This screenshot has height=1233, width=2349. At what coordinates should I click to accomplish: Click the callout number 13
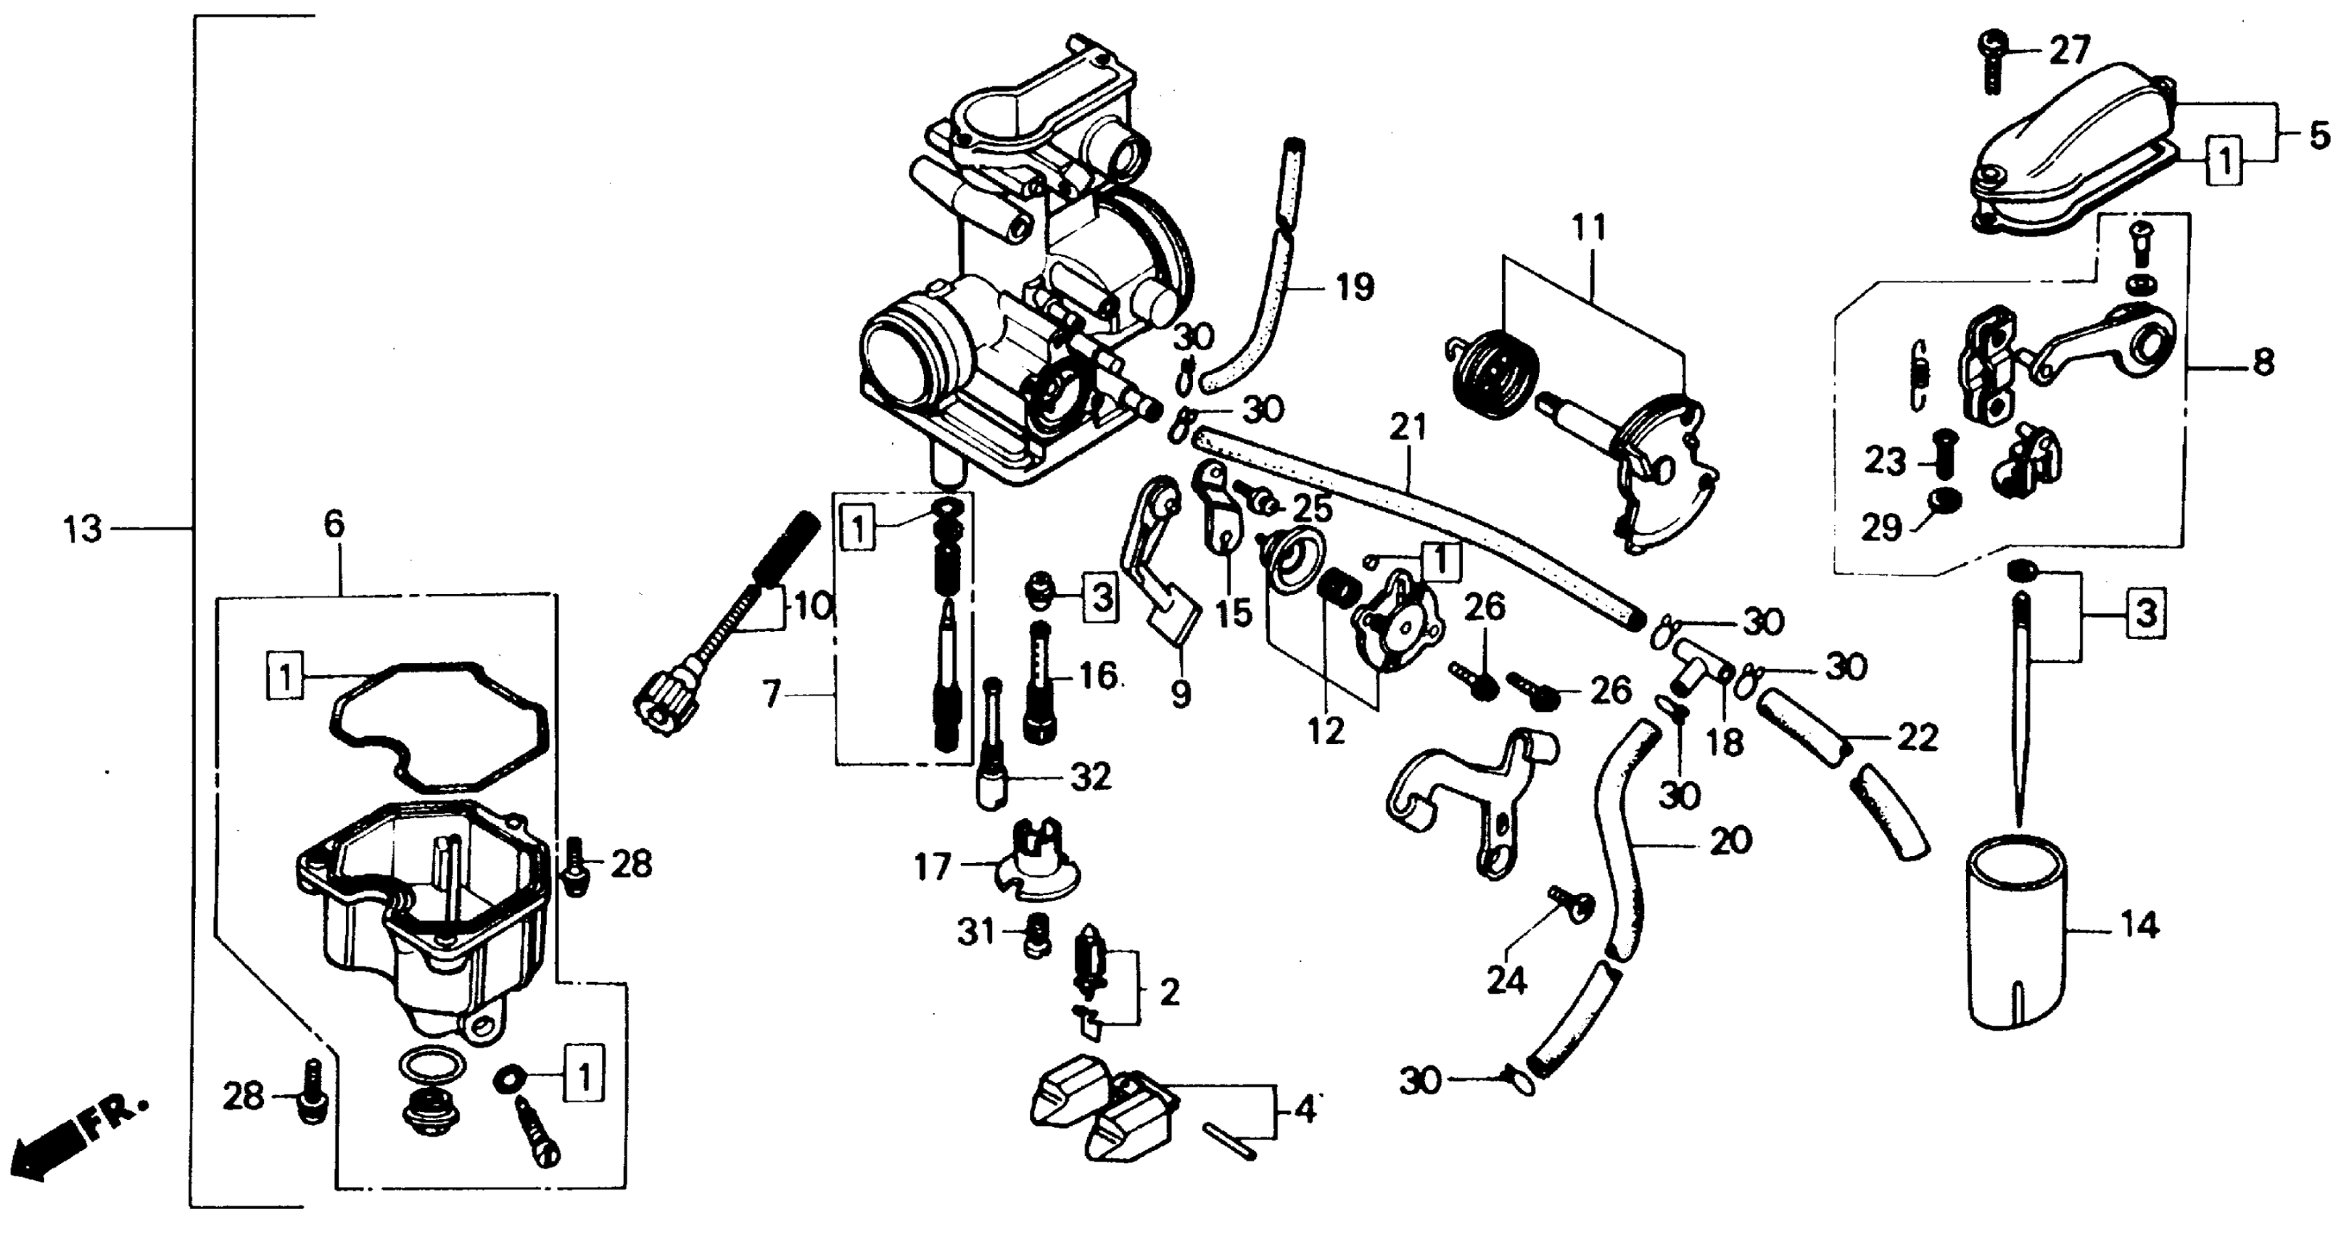point(83,529)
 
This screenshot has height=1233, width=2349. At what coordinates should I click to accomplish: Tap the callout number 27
point(2069,50)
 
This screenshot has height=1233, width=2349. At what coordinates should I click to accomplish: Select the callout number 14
point(2139,927)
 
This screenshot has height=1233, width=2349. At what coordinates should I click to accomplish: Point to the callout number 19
point(1354,287)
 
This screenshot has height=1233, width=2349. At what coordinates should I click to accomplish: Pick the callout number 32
point(1091,777)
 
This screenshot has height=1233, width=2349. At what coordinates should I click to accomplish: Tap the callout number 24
point(1506,981)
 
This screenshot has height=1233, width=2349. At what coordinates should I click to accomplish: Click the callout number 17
point(932,867)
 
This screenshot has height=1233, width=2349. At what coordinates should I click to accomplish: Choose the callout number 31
point(975,932)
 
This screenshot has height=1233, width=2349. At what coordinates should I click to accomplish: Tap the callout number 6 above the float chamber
point(334,524)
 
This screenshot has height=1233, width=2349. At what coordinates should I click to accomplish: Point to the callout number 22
point(1917,737)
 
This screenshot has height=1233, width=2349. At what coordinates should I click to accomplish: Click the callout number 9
point(1180,696)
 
